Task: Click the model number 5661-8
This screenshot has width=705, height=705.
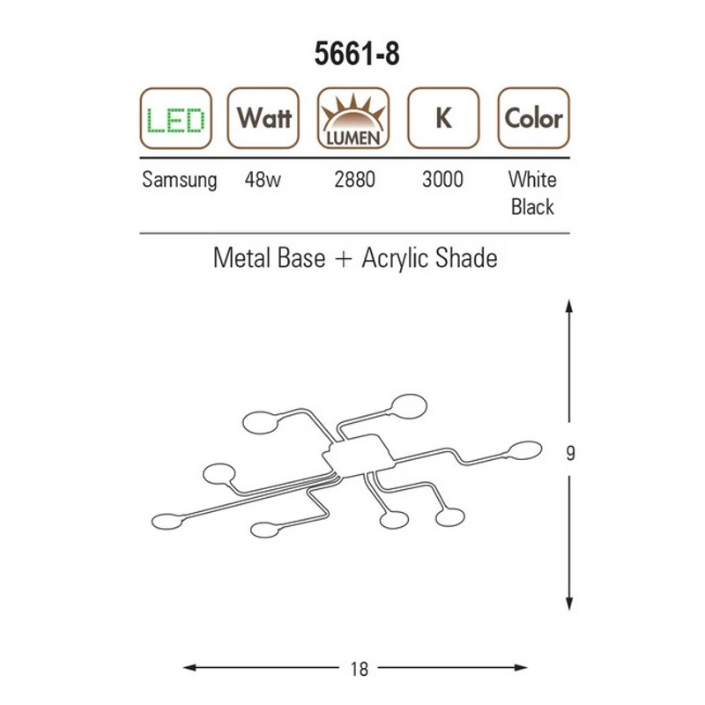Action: point(357,54)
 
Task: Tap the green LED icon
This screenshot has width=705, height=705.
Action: point(175,118)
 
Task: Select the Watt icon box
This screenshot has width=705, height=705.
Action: point(263,118)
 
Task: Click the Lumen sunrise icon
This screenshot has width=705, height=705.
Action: point(353,118)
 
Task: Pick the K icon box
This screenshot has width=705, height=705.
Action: point(443,118)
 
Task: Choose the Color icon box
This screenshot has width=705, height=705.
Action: point(534,118)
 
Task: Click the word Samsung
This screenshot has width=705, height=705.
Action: point(180,181)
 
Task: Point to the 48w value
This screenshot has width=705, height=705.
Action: point(263,180)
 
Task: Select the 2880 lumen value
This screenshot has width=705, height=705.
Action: point(354,180)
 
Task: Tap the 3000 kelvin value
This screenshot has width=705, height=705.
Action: point(442,180)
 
